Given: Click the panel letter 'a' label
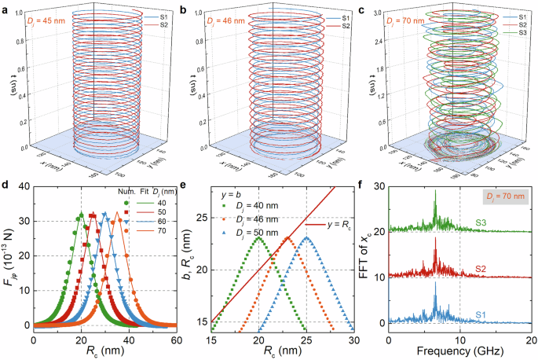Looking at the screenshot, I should (5, 9).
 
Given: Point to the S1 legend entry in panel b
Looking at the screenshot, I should (335, 17).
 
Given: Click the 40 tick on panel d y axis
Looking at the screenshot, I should (24, 186).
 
